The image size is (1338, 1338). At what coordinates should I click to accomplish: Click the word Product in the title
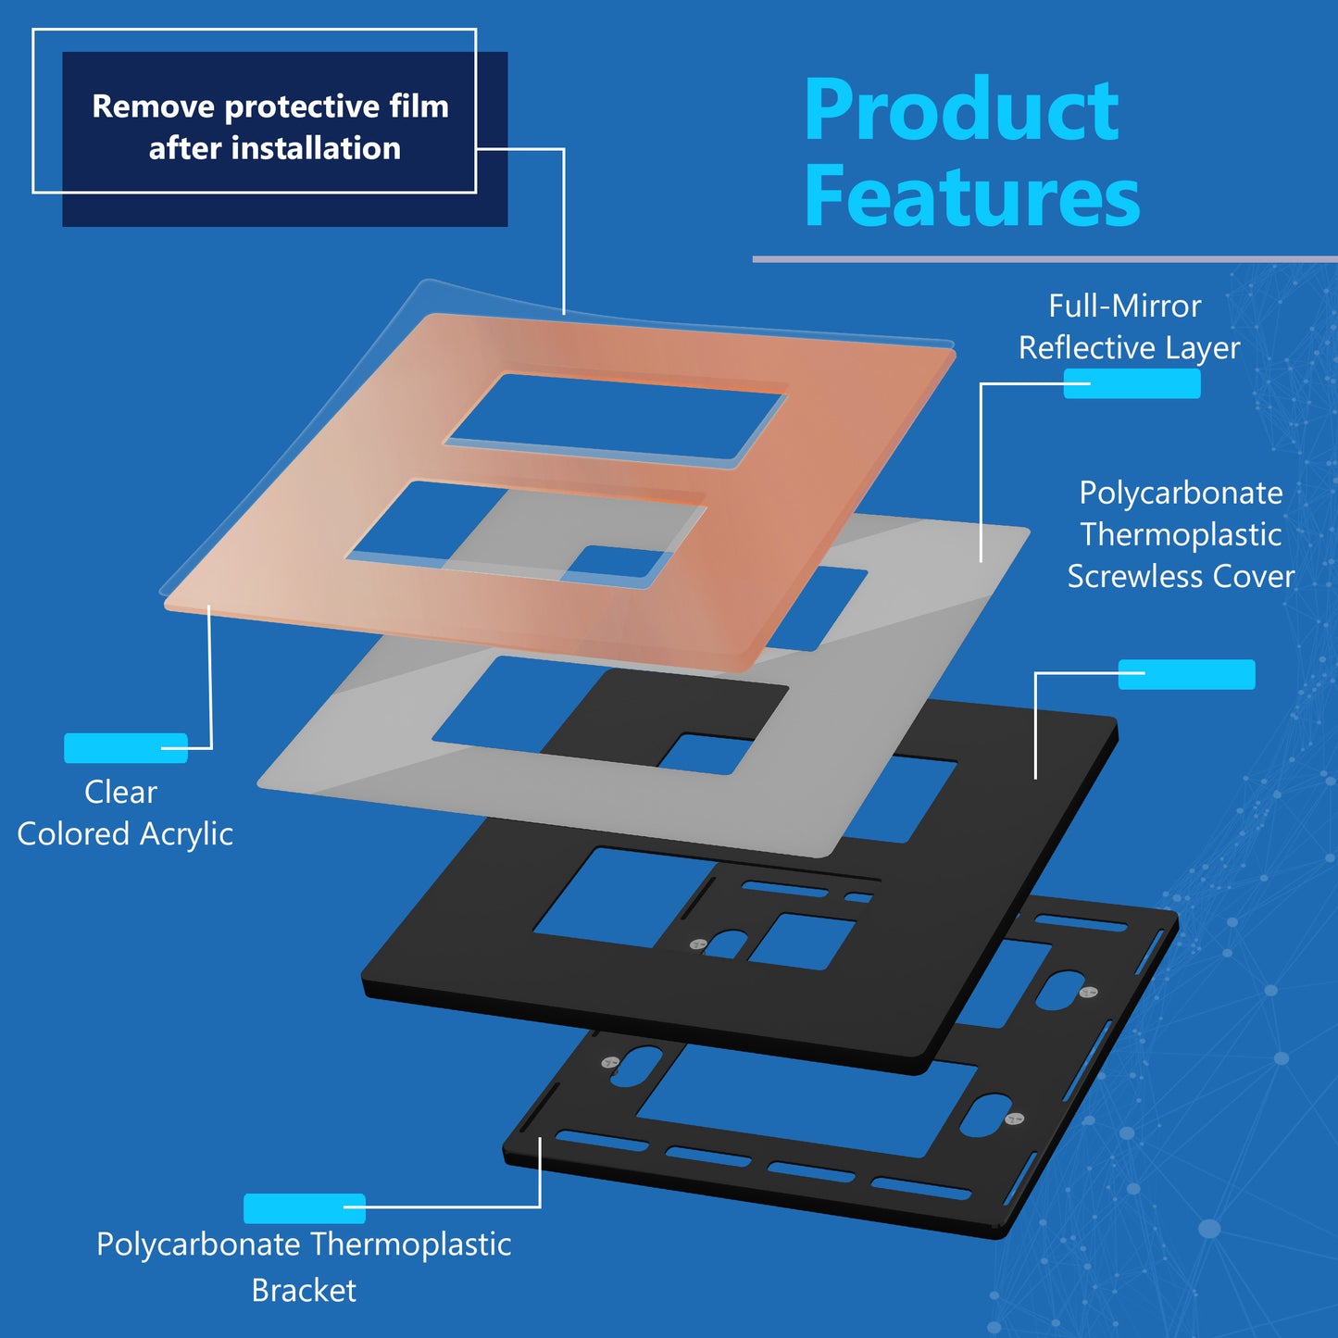pos(962,109)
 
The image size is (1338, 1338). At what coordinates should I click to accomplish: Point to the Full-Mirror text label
pos(1125,306)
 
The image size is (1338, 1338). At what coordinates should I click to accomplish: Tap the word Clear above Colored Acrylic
pos(120,793)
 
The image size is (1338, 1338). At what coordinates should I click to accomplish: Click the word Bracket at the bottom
pos(304,1291)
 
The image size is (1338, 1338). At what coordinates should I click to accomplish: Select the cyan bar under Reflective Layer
pos(1132,383)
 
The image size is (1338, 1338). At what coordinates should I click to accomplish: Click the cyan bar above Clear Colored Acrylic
pos(126,748)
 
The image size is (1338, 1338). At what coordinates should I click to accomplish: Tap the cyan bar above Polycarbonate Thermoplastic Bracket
pos(304,1208)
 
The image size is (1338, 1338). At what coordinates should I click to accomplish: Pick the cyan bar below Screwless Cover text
pos(1187,674)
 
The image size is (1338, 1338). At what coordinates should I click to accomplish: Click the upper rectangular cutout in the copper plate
pos(616,417)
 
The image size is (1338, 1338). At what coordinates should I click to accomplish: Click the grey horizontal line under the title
pos(1045,259)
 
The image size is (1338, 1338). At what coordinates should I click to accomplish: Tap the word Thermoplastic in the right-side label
pos(1182,534)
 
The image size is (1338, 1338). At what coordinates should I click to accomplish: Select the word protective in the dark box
pos(302,106)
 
